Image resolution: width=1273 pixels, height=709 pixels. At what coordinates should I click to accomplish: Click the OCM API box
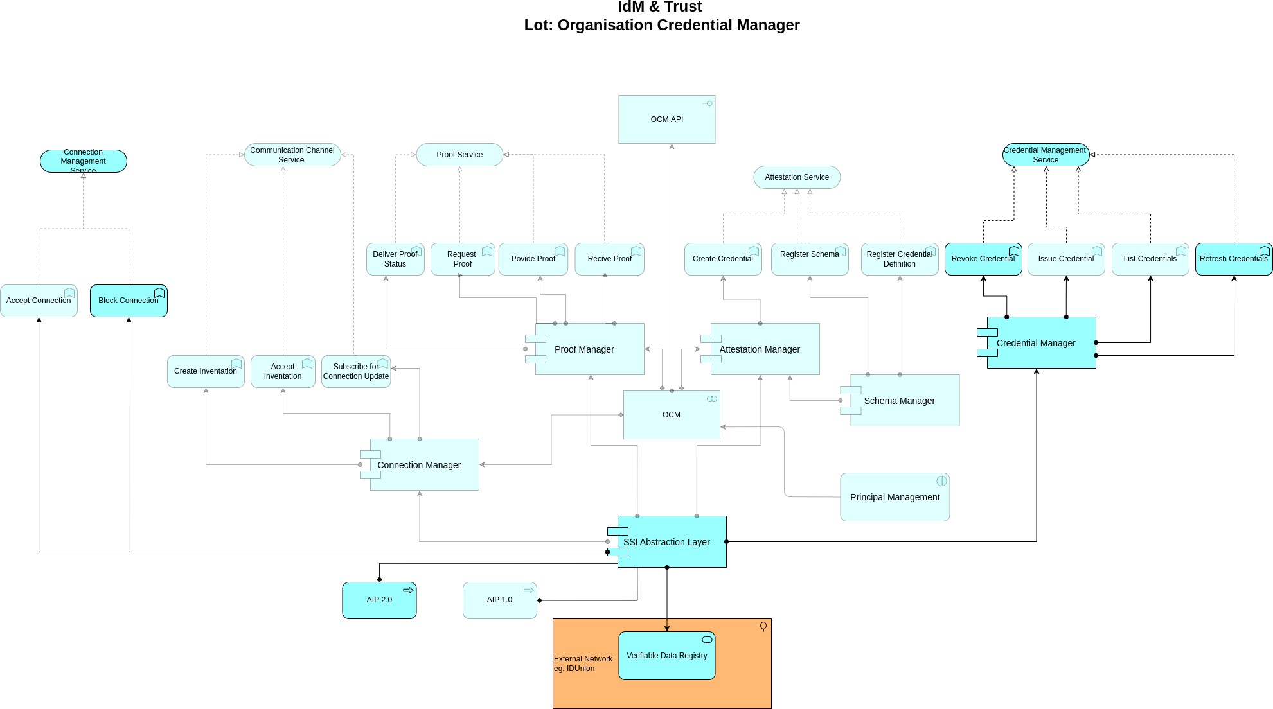tap(666, 119)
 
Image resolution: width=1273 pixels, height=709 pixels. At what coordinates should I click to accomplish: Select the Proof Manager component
tap(585, 349)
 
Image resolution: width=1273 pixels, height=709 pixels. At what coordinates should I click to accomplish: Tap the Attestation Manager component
tap(760, 349)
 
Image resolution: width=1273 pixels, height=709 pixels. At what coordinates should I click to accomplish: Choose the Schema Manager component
tap(900, 400)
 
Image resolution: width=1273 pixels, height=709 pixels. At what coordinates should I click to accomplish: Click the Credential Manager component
tap(1037, 342)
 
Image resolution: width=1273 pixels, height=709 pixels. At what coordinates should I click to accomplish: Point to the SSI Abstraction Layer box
tap(667, 541)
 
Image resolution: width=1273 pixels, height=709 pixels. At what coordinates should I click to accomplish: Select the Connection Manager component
tap(419, 464)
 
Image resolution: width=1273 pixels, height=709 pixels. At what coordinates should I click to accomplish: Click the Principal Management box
tap(895, 497)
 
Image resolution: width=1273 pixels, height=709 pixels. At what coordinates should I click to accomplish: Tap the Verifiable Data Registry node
tap(666, 656)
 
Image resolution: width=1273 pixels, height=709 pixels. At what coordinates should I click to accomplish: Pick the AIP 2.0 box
tap(379, 600)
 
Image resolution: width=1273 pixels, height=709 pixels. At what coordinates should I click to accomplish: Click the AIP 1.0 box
tap(499, 600)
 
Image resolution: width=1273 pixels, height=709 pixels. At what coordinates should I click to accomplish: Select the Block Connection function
tap(129, 301)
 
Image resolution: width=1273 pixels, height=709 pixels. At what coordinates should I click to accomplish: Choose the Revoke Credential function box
tap(983, 259)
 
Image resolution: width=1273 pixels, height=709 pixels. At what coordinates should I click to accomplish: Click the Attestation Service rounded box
tap(797, 177)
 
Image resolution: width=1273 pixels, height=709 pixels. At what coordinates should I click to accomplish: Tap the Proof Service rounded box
tap(459, 155)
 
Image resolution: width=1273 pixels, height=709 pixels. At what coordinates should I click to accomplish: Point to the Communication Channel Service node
tap(292, 155)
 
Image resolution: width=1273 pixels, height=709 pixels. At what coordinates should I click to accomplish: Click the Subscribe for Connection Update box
tap(356, 371)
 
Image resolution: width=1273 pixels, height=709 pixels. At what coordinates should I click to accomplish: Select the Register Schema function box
tap(810, 259)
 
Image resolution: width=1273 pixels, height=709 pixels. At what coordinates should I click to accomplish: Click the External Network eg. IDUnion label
tap(583, 663)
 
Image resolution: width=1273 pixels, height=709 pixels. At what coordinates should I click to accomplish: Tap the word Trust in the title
tap(682, 7)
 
